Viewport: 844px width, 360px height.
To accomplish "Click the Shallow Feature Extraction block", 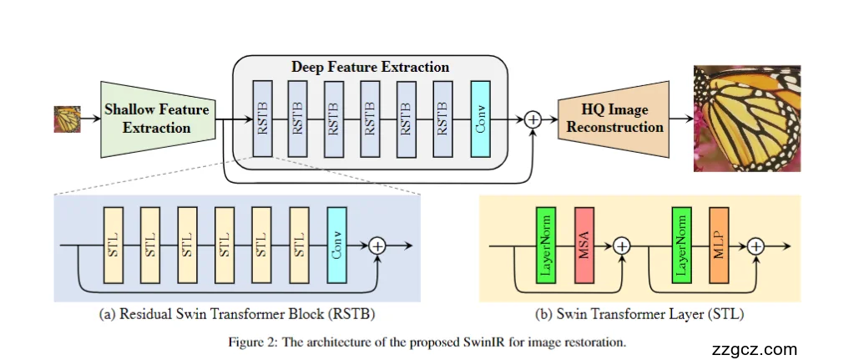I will coord(156,119).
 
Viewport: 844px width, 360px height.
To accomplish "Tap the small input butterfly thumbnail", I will coord(67,119).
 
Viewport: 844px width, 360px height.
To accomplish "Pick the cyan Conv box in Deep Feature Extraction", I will coord(480,119).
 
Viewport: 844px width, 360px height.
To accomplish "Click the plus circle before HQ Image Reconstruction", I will coord(533,119).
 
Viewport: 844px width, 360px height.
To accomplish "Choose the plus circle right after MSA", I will coord(621,246).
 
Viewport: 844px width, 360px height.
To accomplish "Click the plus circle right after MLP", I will coord(756,246).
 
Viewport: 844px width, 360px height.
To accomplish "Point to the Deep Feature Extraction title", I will coord(370,67).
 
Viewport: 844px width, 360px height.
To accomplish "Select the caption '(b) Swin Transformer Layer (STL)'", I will coord(639,316).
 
